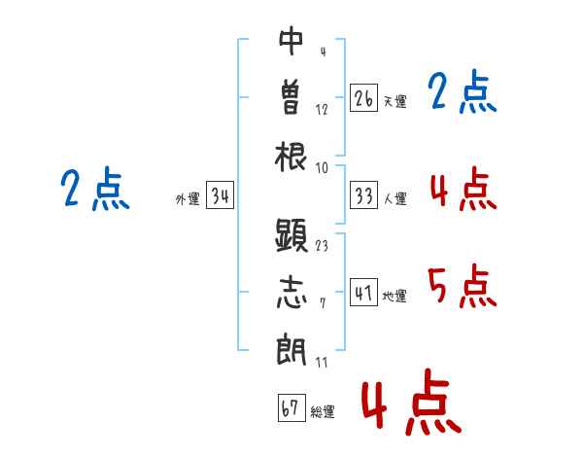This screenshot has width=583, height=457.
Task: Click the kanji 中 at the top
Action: click(291, 42)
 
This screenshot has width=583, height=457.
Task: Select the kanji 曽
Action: click(291, 97)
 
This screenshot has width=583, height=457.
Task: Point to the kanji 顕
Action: click(291, 235)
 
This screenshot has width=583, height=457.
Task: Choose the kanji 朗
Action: click(291, 349)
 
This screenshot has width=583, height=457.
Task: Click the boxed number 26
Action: click(363, 98)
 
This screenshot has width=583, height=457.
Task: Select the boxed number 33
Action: click(363, 196)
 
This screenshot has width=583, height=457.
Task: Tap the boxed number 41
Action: click(363, 293)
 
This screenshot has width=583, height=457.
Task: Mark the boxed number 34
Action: click(220, 196)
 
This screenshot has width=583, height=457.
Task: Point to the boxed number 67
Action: click(291, 408)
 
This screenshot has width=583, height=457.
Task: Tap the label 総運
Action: click(323, 411)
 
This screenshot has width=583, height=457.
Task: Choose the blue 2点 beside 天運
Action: click(463, 93)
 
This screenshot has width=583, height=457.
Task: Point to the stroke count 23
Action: click(322, 245)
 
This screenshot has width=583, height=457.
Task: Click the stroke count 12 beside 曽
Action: click(322, 109)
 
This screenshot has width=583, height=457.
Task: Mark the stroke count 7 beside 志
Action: click(322, 303)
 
